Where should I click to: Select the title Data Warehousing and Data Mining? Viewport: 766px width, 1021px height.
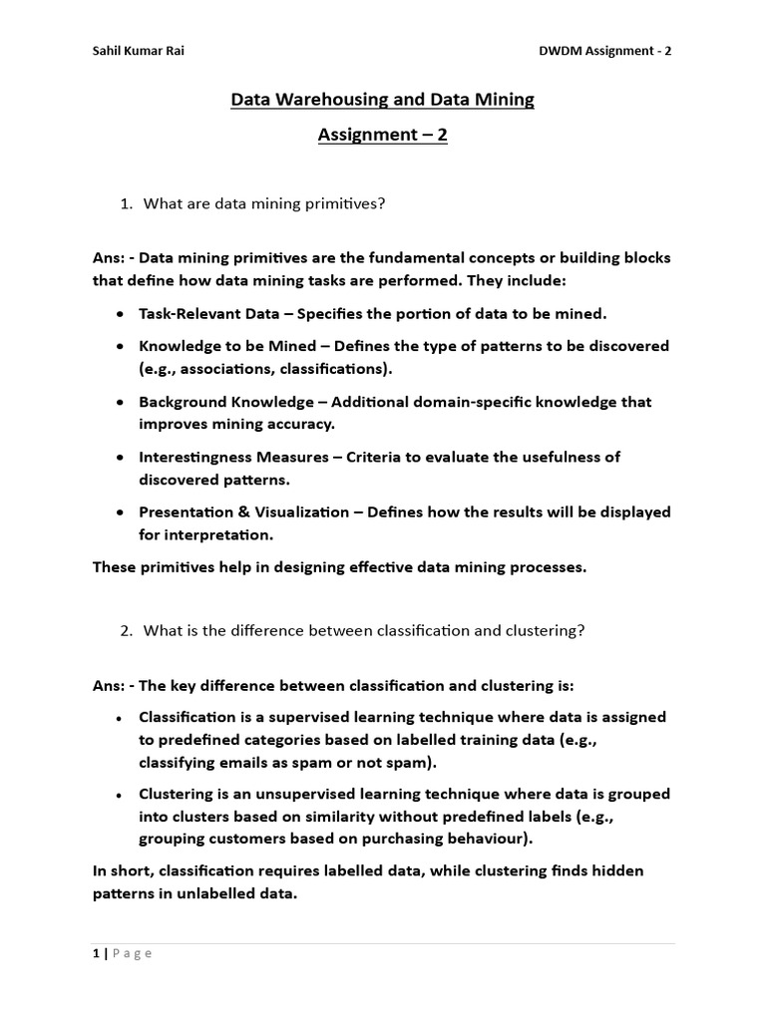(383, 100)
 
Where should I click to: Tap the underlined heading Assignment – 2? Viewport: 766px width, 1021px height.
(383, 136)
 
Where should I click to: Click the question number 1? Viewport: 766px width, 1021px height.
(126, 204)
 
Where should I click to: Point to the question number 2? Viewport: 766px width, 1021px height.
(126, 630)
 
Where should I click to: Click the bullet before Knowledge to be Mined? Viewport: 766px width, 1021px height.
(120, 346)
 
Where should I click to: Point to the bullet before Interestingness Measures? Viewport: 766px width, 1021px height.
(120, 458)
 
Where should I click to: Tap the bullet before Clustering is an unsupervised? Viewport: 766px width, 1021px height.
(120, 796)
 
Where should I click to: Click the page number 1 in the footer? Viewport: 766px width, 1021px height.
(97, 953)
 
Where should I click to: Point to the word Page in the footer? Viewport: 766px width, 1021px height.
(132, 953)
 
